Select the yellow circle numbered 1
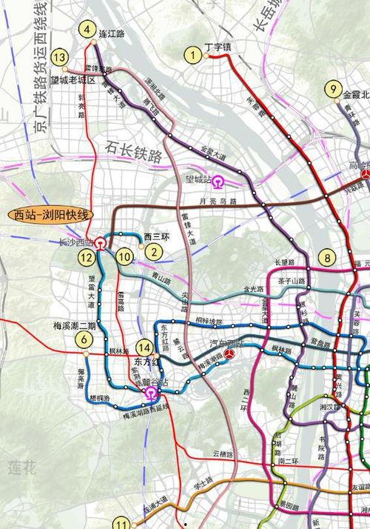pos(195,53)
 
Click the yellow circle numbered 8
pos(327,258)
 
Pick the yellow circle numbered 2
pos(153,250)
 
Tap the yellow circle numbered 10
pos(125,257)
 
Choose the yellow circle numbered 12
pos(87,258)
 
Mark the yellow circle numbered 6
pos(85,339)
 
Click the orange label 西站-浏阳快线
pos(51,214)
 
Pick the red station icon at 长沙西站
pos(99,242)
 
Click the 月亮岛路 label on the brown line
pos(222,202)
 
